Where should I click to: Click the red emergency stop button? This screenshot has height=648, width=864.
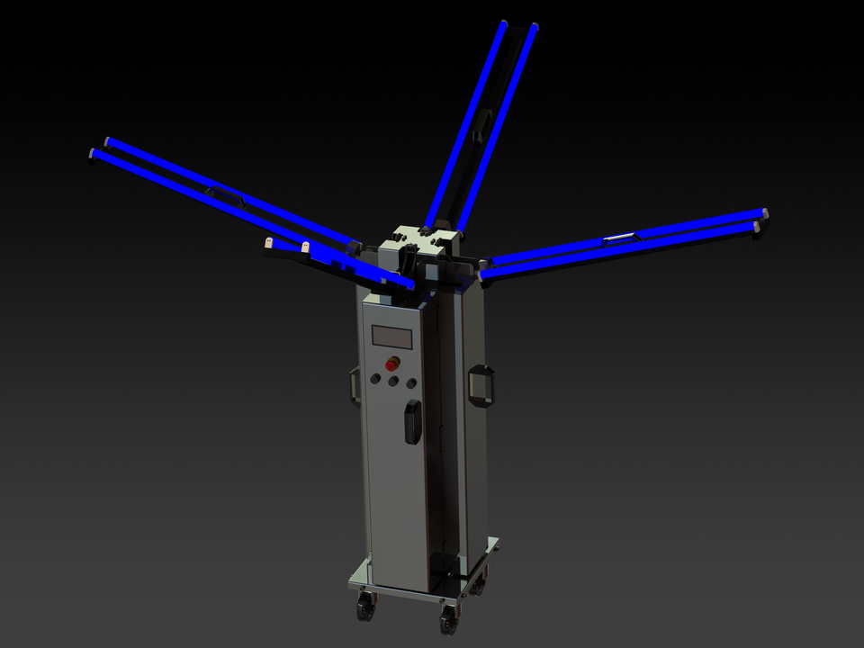coord(392,364)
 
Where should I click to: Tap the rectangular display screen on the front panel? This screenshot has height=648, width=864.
coord(392,337)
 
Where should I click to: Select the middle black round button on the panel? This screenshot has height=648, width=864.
coord(393,382)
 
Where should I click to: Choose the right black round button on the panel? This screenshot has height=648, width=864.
coord(411,383)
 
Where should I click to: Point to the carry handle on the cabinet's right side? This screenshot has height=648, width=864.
coord(482,386)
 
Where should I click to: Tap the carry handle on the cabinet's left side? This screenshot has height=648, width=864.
coord(355,384)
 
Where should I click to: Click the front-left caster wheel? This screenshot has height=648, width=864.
coord(364,607)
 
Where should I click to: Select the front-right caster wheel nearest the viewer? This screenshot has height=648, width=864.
coord(447,619)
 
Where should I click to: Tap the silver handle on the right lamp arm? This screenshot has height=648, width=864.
coord(619,238)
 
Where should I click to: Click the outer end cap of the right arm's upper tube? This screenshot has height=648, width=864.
coord(764,213)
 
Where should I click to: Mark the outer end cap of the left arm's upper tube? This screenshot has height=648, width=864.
coord(107,141)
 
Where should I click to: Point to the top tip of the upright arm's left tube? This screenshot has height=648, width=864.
coord(504,24)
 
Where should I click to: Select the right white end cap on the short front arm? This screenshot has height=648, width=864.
coord(305,246)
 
